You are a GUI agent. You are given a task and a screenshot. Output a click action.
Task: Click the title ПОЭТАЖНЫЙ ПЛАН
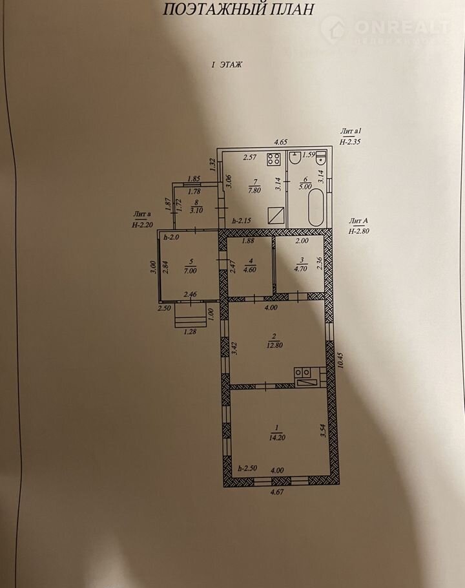[238, 9]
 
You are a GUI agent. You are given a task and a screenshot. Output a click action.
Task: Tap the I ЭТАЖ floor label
[227, 65]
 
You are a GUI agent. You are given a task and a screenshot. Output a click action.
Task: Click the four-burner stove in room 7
[274, 160]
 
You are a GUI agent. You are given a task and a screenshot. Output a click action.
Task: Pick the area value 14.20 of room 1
[276, 437]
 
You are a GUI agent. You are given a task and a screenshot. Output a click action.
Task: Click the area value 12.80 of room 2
[274, 345]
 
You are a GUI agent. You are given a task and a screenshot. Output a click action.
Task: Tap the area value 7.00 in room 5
[190, 270]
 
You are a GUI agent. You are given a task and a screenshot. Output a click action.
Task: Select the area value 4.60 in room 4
[249, 269]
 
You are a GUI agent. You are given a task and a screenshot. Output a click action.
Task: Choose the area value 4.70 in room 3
[300, 269]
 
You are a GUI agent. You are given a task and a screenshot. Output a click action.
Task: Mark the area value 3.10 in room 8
[196, 211]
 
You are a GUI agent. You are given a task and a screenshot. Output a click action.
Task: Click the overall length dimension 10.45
[340, 360]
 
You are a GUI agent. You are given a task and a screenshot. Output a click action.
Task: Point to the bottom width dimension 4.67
[276, 492]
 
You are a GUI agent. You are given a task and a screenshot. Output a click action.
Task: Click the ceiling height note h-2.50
[247, 468]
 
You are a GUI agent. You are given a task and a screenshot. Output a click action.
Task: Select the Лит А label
[356, 221]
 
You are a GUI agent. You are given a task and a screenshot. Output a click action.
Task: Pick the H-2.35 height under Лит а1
[350, 142]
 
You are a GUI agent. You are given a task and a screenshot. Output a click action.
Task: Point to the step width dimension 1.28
[191, 331]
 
